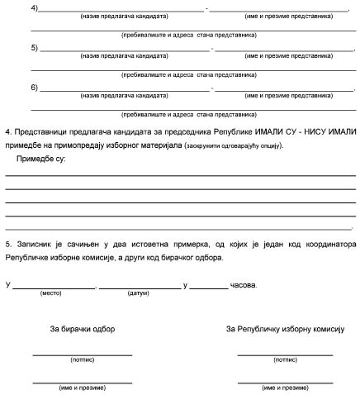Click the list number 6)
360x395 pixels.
[x=33, y=87]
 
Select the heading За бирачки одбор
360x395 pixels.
[x=82, y=329]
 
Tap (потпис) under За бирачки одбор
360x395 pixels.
[x=82, y=360]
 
